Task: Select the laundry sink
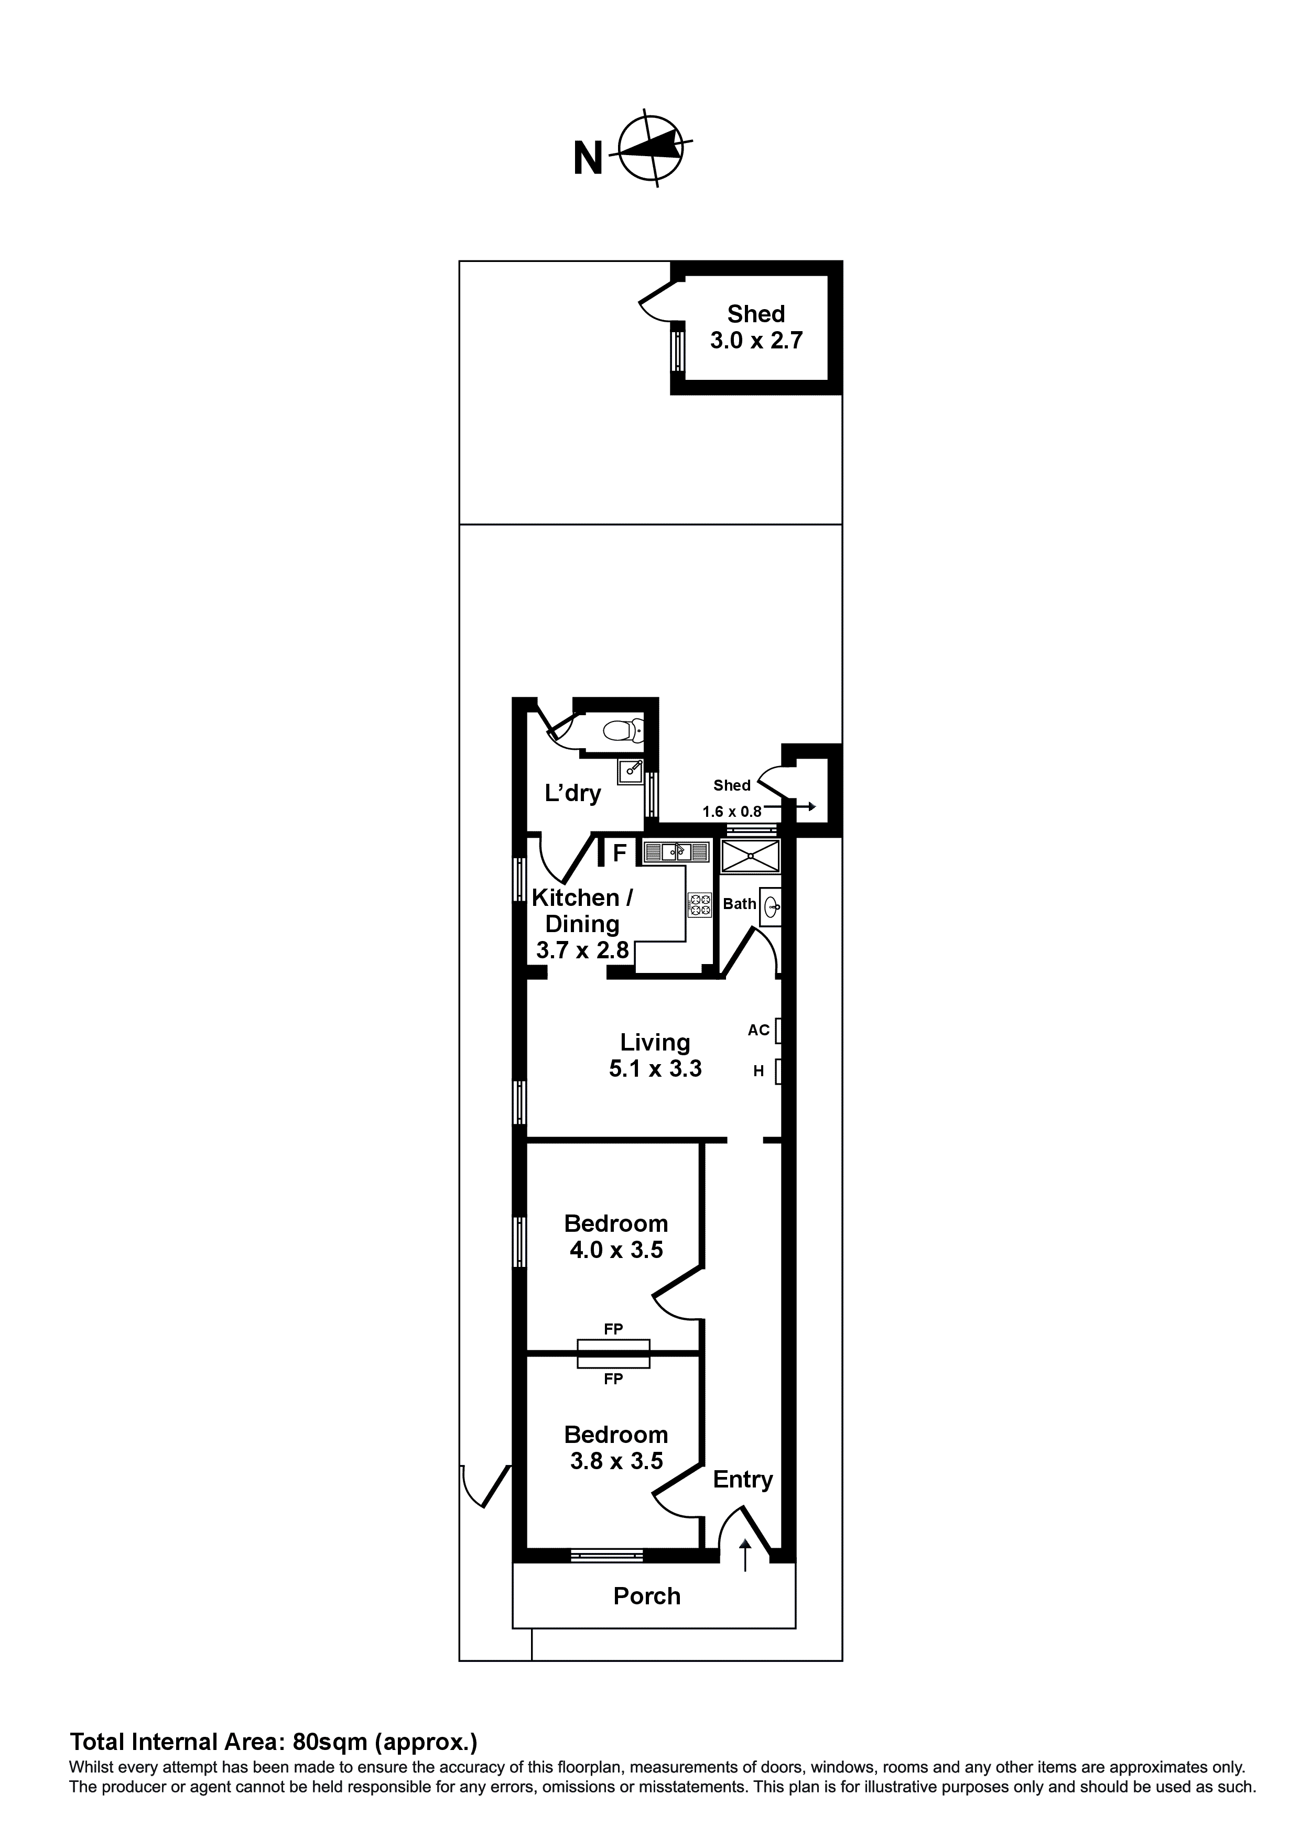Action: coord(631,771)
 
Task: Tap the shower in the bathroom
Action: coord(750,855)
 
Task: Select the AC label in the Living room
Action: coord(758,1030)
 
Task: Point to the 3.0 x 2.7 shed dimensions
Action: coord(756,340)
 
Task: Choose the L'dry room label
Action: coord(573,793)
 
